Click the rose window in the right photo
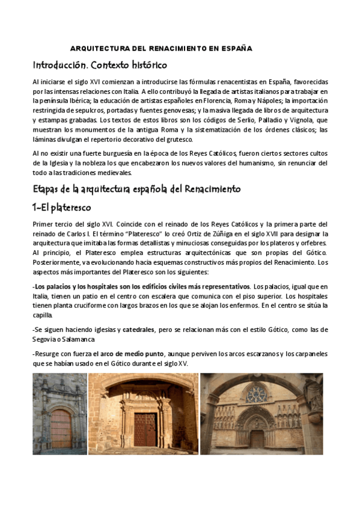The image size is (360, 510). pyautogui.click(x=257, y=394)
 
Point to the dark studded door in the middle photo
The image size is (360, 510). pyautogui.click(x=144, y=428)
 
